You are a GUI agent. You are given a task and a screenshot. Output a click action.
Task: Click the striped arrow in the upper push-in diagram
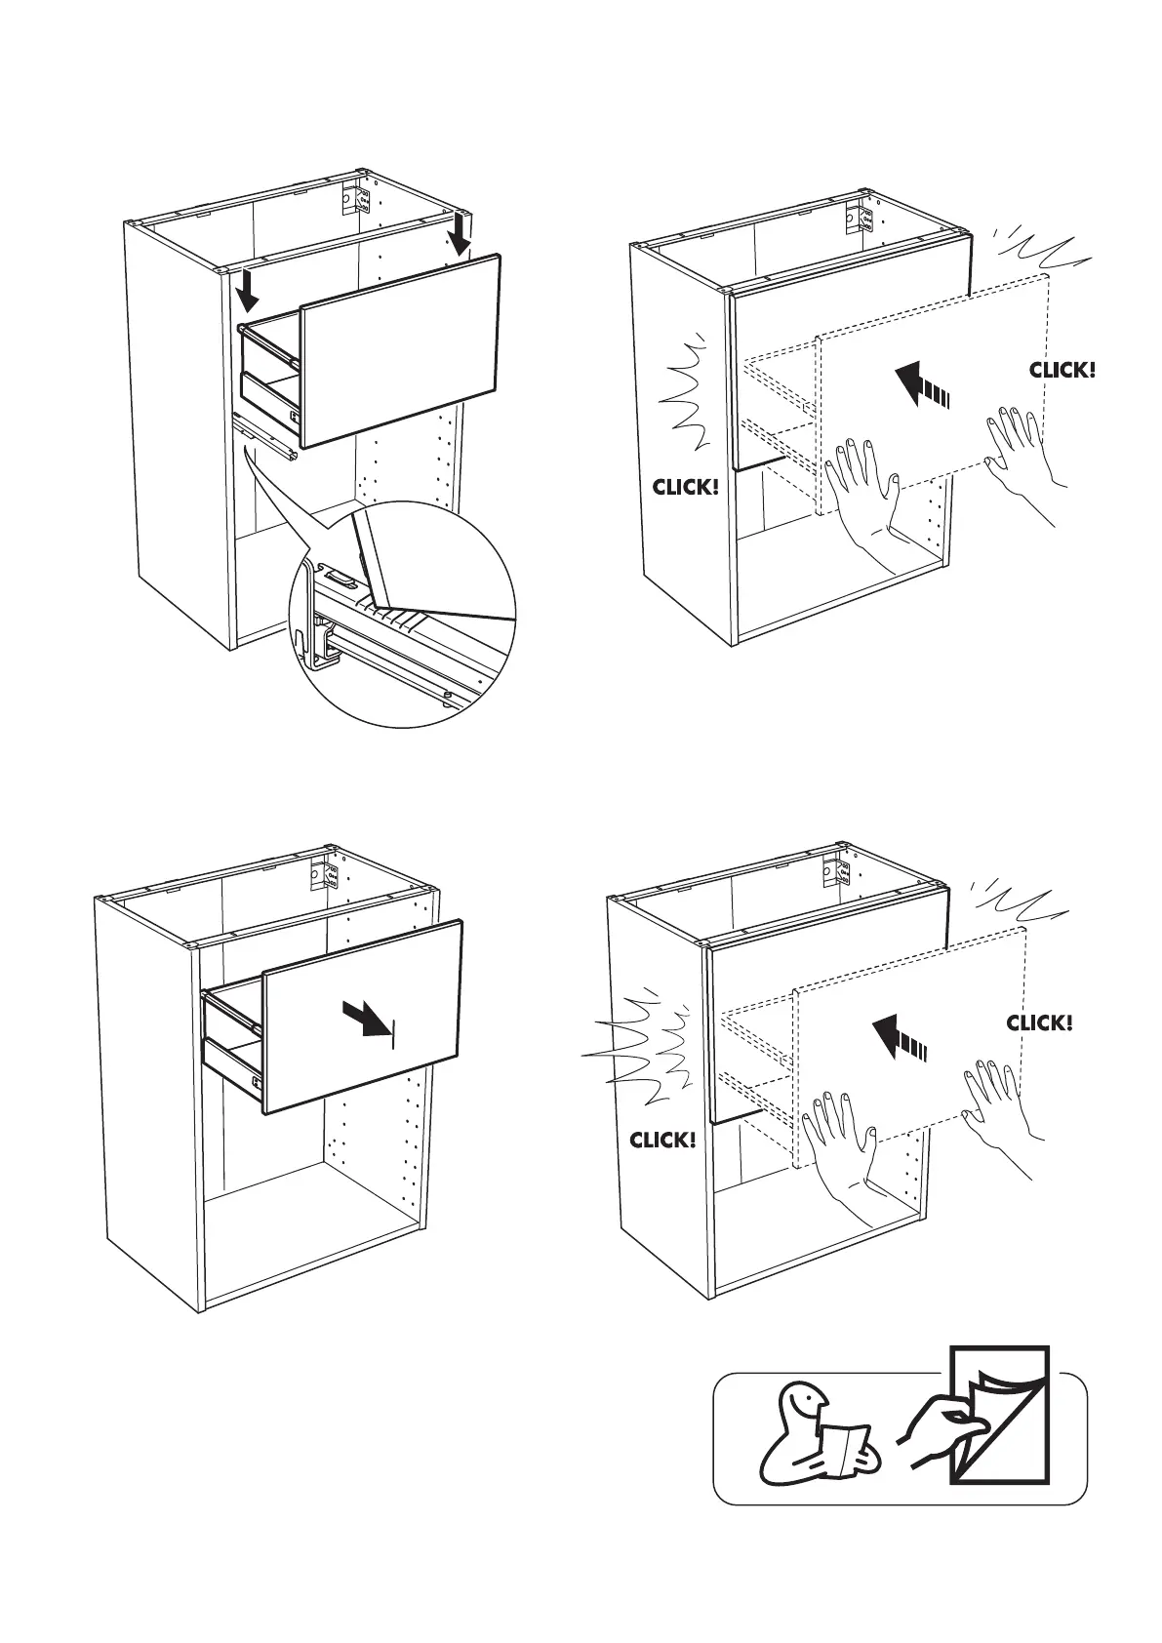[x=921, y=384]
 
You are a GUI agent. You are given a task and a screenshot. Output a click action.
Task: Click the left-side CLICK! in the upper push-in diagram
[x=685, y=486]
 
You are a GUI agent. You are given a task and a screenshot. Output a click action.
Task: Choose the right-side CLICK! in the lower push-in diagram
[x=1039, y=1022]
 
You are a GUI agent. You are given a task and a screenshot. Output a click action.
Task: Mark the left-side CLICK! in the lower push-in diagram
[x=662, y=1139]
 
